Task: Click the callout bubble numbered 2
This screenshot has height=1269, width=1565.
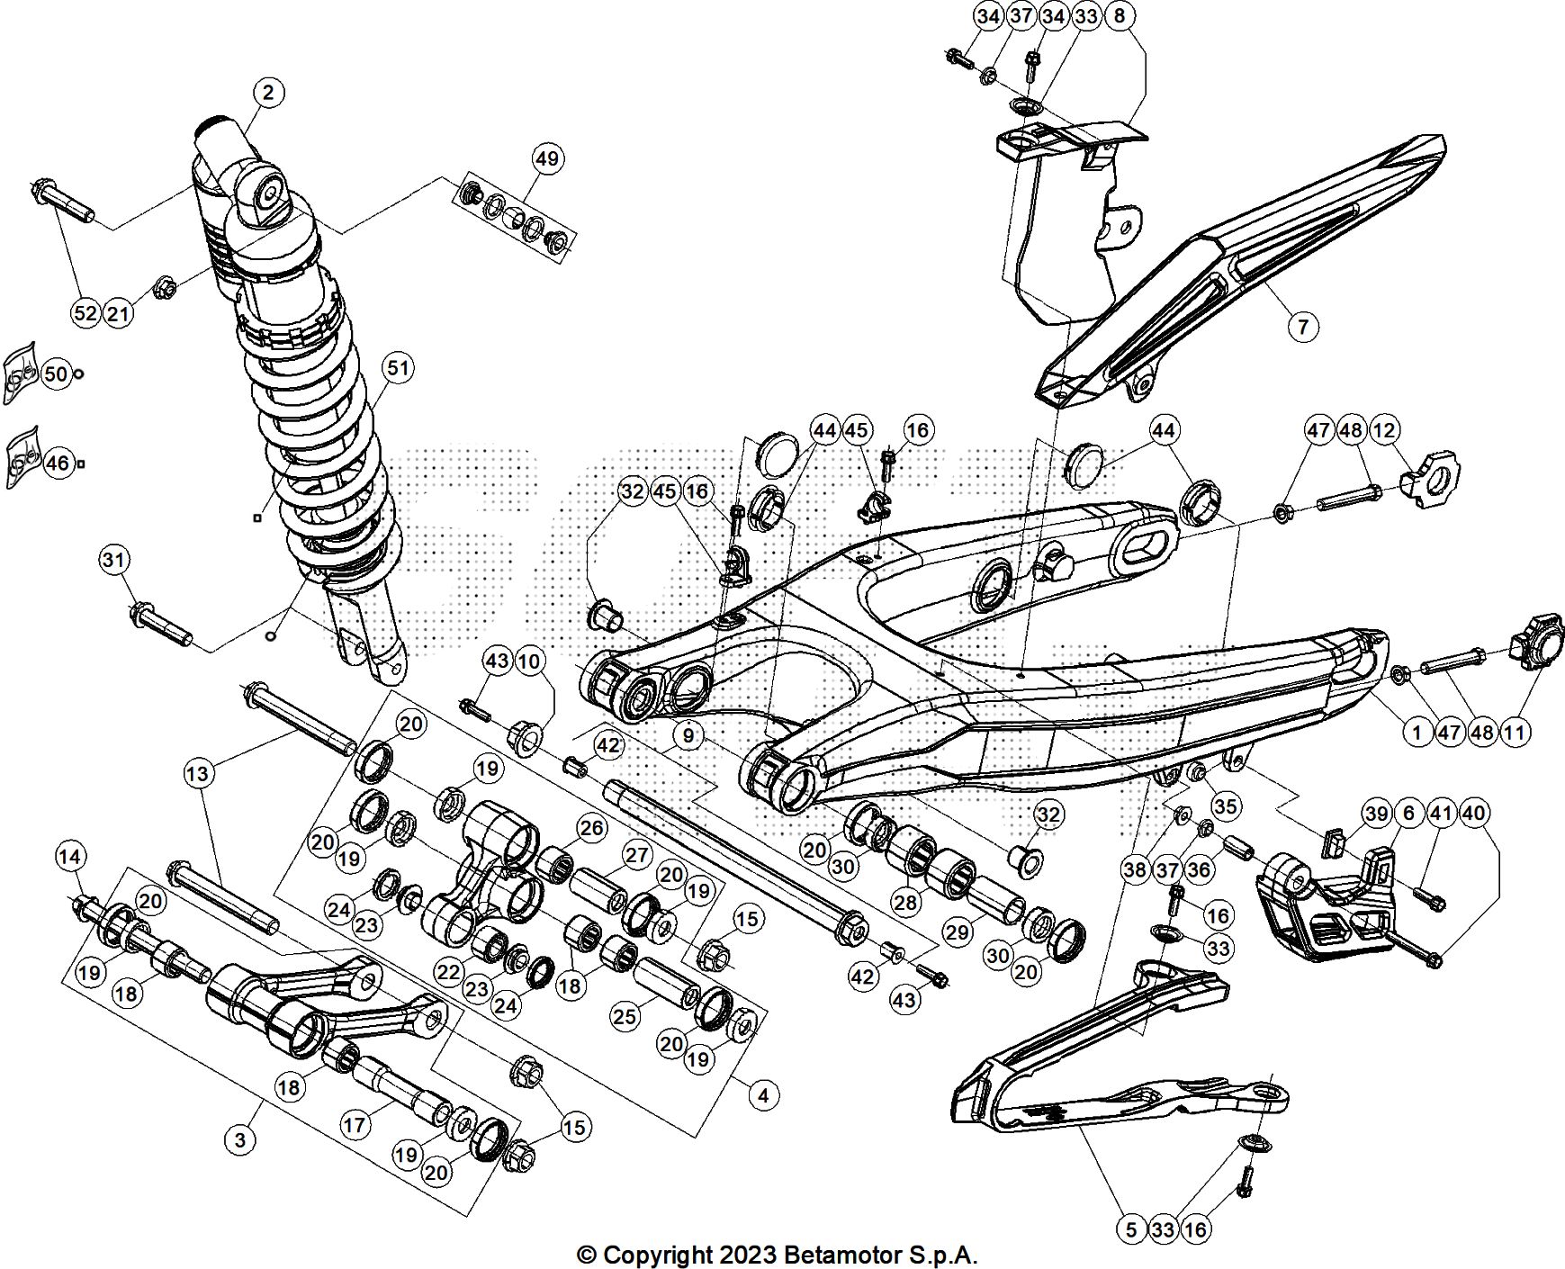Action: (268, 92)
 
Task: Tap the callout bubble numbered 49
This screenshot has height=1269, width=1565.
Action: (547, 158)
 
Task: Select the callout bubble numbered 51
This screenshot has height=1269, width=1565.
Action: (398, 367)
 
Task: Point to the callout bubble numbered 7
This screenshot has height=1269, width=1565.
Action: (1303, 325)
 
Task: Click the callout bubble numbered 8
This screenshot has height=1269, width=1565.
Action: (1120, 16)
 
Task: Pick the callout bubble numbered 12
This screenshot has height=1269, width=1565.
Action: (1384, 430)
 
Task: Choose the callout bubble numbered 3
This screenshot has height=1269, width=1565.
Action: (239, 1140)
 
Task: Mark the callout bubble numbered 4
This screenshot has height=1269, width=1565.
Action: (763, 1095)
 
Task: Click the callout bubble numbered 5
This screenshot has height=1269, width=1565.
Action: (1131, 1228)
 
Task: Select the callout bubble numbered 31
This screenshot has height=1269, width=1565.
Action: (114, 560)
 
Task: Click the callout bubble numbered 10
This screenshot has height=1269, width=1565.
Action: (530, 661)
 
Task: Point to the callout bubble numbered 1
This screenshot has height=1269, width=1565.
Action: (1417, 732)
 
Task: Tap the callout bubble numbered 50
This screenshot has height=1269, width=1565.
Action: (56, 373)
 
